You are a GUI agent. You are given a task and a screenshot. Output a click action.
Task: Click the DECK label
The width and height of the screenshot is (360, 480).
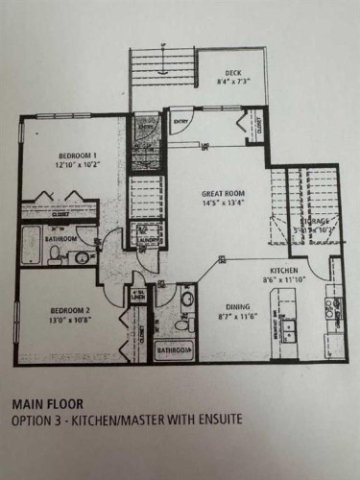click(x=233, y=73)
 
